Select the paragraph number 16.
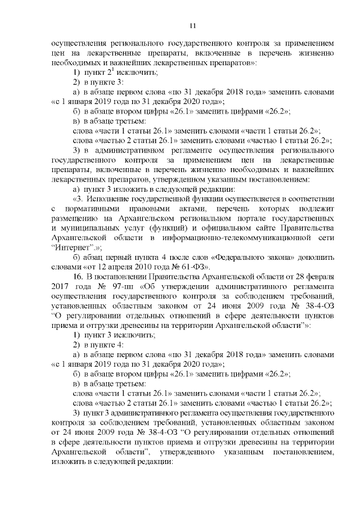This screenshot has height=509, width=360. (79, 277)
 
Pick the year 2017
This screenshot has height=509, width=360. (60, 288)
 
